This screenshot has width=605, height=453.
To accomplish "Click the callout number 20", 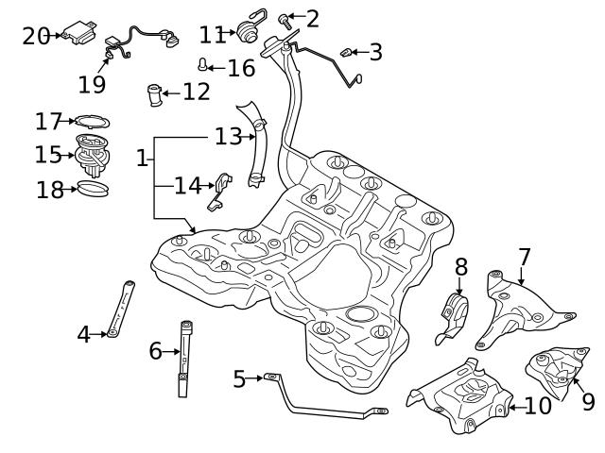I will (36, 36).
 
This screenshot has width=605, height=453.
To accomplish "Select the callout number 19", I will (92, 85).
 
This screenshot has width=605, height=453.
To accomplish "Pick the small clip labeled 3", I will (346, 51).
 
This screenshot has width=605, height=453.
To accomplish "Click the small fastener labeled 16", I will (202, 65).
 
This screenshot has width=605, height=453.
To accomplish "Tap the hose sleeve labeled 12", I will (154, 94).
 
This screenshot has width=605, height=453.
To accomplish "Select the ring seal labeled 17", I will (92, 122).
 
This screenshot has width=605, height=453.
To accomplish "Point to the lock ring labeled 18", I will (93, 190).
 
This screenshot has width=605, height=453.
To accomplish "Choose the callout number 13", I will (228, 137).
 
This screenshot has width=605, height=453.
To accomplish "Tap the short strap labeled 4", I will (121, 308).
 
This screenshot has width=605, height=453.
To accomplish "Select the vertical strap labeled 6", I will (184, 359).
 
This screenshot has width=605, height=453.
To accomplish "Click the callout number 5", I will (239, 379).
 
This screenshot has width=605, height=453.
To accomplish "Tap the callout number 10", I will (537, 406).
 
